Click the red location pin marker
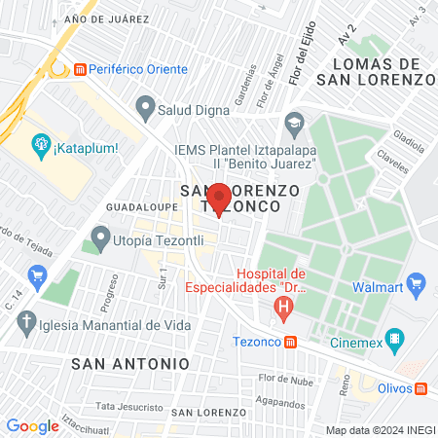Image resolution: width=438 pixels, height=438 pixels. pyautogui.click(x=219, y=198)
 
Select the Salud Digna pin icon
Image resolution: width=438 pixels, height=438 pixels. pyautogui.click(x=147, y=105)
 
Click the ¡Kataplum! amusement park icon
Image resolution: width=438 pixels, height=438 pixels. pyautogui.click(x=41, y=147)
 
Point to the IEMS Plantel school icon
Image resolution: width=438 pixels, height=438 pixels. pyautogui.click(x=294, y=124)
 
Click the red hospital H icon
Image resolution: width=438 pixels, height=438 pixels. pyautogui.click(x=284, y=310)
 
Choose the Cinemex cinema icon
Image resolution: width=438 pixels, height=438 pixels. pyautogui.click(x=395, y=341)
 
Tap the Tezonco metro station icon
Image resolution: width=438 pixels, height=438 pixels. pyautogui.click(x=291, y=342)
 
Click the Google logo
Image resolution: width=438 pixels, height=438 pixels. pyautogui.click(x=32, y=425)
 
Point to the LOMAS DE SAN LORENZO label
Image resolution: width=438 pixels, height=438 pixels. pyautogui.click(x=382, y=72)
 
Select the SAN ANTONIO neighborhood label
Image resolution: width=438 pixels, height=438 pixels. pyautogui.click(x=130, y=362)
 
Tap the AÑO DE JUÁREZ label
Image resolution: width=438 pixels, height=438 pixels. pyautogui.click(x=107, y=18)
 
